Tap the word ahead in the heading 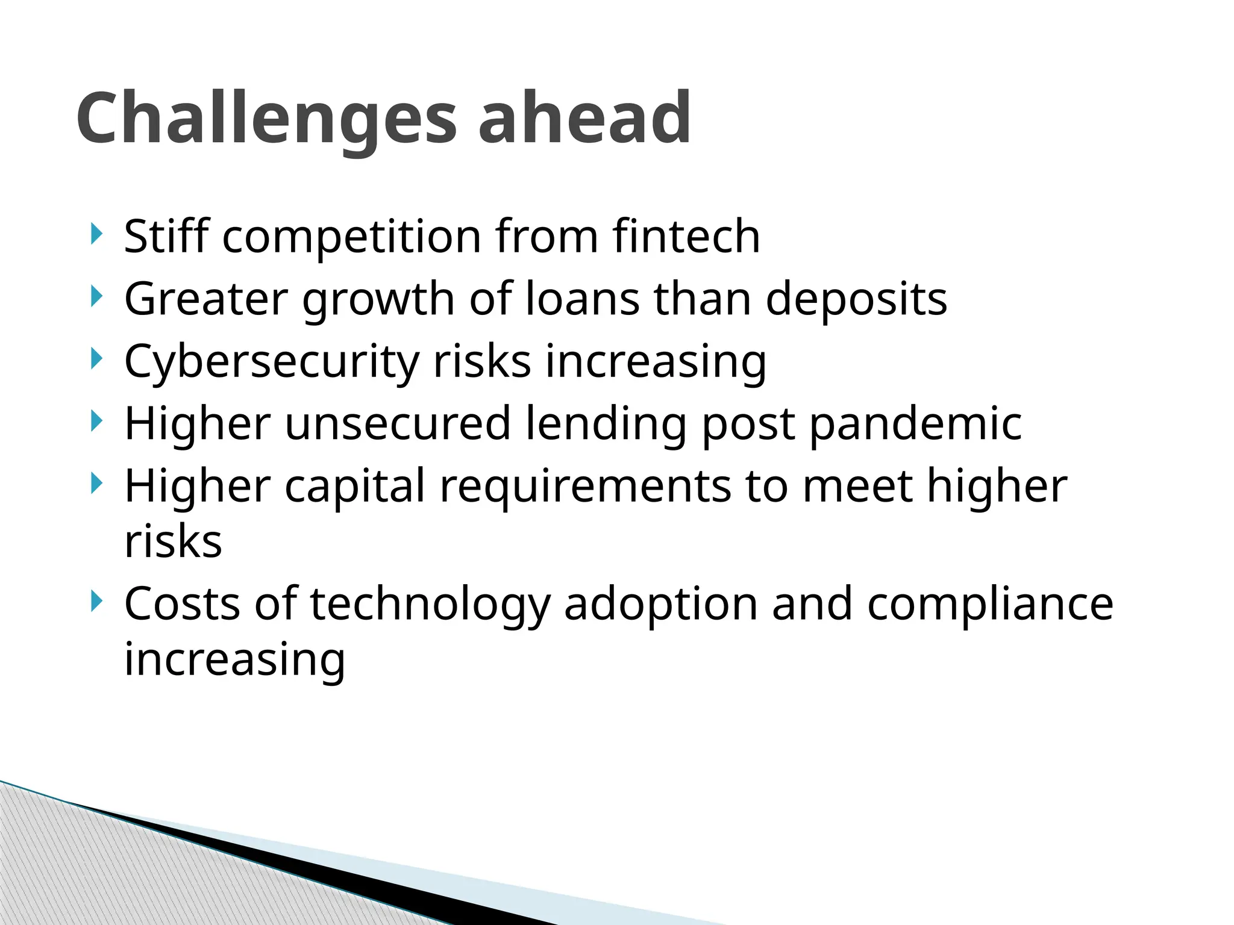pyautogui.click(x=584, y=118)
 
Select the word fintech pyautogui.click(x=686, y=236)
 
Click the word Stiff pyautogui.click(x=166, y=236)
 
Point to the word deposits pyautogui.click(x=856, y=299)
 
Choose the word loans pyautogui.click(x=582, y=299)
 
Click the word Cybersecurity pyautogui.click(x=272, y=361)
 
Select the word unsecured pyautogui.click(x=398, y=423)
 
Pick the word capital pyautogui.click(x=355, y=487)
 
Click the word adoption pyautogui.click(x=661, y=604)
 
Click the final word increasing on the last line pyautogui.click(x=235, y=659)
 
